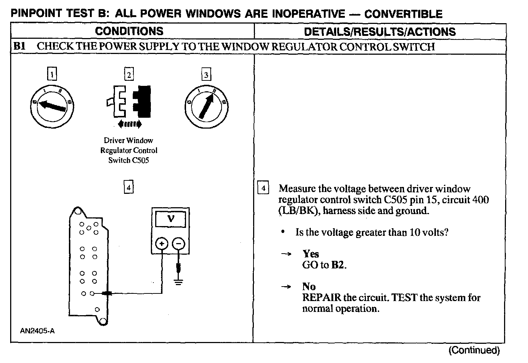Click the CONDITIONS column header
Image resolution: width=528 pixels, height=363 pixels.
coord(129,31)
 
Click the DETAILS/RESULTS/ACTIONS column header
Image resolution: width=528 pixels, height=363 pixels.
coord(380,32)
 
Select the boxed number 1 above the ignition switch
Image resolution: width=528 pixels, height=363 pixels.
coord(53,75)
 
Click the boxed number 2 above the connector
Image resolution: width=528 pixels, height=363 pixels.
coord(129,75)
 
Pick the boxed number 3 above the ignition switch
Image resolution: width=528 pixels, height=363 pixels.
coord(206,75)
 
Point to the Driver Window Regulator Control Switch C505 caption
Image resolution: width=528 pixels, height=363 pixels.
coord(129,150)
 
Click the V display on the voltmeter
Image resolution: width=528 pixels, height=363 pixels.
coord(170,219)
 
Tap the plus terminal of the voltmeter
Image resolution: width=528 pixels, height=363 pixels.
coord(162,243)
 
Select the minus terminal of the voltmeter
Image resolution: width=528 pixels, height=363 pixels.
coord(178,243)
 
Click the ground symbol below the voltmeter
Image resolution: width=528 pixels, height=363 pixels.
coord(178,281)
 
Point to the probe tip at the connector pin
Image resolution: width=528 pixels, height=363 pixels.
coord(106,293)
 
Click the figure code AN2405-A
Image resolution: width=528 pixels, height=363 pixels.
coord(38,330)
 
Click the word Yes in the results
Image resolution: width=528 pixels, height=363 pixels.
coord(311,254)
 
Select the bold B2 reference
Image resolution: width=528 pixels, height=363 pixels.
coord(338,265)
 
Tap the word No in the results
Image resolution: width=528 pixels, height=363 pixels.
coord(309,287)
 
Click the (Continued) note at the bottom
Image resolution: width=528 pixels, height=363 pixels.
coord(474,350)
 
